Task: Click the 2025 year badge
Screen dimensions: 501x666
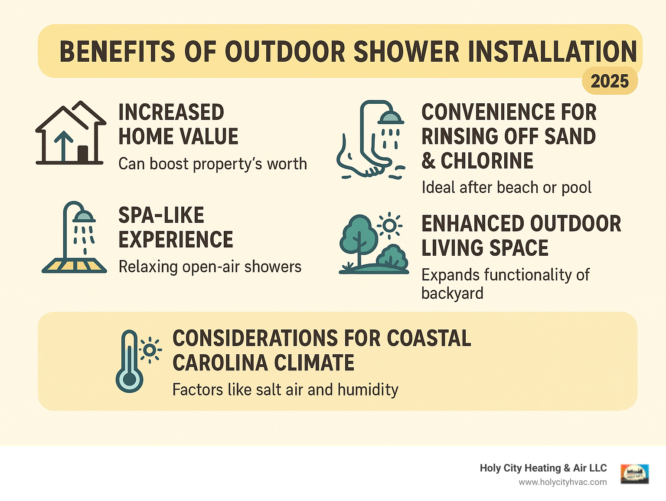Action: click(x=609, y=81)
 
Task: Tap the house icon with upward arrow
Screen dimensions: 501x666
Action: click(x=71, y=133)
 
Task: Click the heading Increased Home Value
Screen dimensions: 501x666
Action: click(x=178, y=124)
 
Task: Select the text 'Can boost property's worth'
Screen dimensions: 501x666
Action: click(x=212, y=164)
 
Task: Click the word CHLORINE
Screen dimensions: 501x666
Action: click(x=487, y=161)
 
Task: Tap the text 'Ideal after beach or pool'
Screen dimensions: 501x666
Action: click(x=506, y=188)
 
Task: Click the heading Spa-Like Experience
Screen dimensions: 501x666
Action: click(x=176, y=227)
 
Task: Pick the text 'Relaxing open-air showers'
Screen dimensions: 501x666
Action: click(x=210, y=267)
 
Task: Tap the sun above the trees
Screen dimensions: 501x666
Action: click(x=389, y=225)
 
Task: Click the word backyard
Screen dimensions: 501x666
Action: click(x=452, y=293)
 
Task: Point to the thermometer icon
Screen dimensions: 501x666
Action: click(x=129, y=362)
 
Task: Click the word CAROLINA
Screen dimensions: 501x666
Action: click(x=220, y=363)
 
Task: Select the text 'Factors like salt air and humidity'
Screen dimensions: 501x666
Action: click(x=285, y=389)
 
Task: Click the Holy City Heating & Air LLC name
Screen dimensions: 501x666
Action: click(x=543, y=468)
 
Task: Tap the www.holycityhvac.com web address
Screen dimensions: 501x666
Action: click(x=562, y=482)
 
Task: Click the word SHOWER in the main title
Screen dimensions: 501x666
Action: click(x=406, y=52)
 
